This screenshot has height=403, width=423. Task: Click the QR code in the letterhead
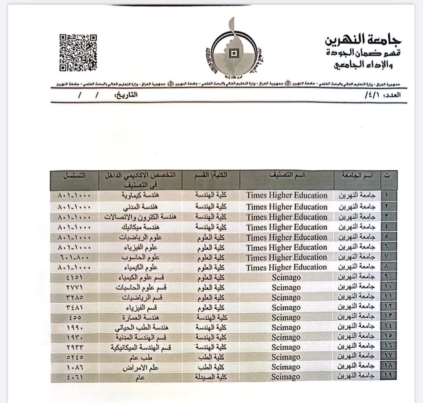coord(78,53)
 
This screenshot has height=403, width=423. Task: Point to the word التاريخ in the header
coord(126,94)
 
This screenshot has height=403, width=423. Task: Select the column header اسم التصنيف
coord(287,176)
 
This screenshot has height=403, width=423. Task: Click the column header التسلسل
coord(74,176)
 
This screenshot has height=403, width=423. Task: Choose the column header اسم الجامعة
coord(357,176)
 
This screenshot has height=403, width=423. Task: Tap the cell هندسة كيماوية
coord(140,196)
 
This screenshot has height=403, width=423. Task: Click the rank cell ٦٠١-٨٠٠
coord(74,257)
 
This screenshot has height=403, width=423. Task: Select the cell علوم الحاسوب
coord(141,257)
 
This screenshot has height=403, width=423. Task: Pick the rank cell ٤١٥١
coord(74,278)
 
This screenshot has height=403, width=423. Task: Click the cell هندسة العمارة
coord(141,318)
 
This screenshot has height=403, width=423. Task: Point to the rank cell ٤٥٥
coord(74,318)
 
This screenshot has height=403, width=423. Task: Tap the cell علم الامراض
coord(141,367)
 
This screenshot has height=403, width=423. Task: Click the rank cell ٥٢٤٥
coord(74,357)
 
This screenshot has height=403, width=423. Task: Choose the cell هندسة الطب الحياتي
coord(141,327)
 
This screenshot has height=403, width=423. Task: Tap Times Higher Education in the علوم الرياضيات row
coord(287,237)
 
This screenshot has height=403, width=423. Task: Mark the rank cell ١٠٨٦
coord(74,367)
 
